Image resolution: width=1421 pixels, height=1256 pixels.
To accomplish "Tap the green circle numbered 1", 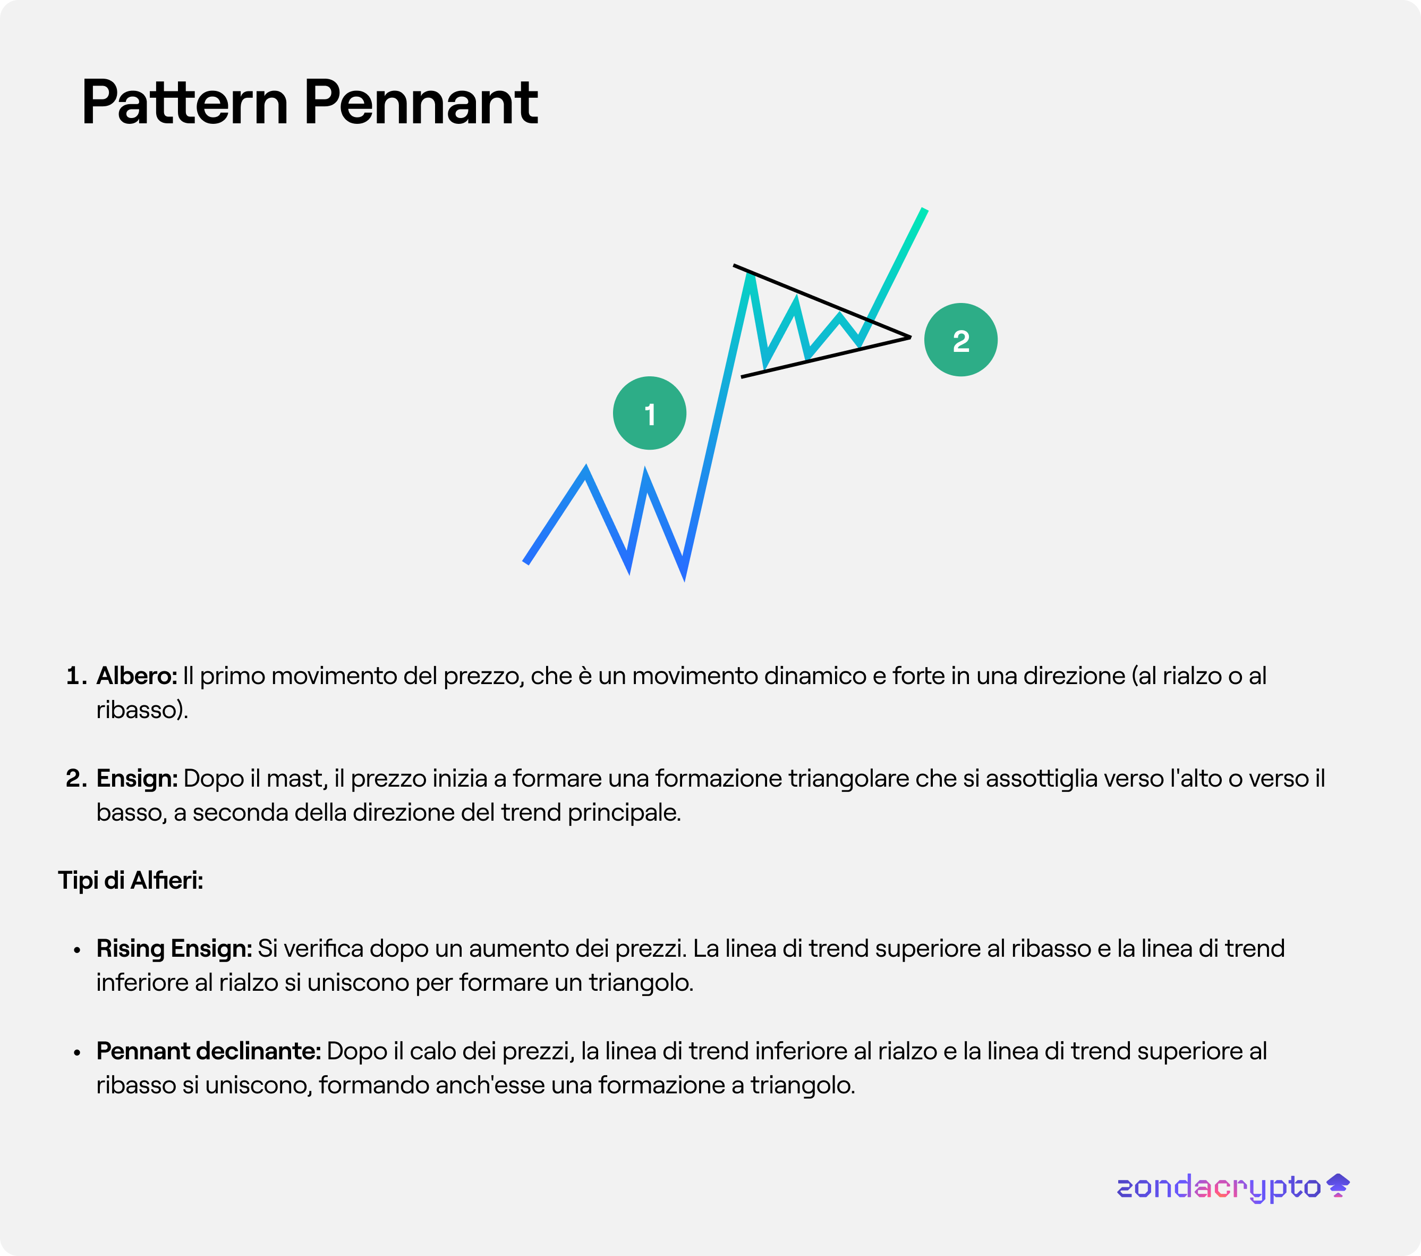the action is (x=649, y=413).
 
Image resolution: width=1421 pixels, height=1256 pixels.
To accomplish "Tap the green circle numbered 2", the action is (x=961, y=340).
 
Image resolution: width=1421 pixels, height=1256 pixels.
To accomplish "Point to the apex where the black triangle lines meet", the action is (x=910, y=338).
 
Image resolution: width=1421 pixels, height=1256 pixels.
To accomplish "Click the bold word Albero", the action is (x=137, y=675).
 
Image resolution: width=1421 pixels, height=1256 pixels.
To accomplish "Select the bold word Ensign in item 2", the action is (x=137, y=778).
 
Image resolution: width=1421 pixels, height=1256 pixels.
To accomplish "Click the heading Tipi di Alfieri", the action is (x=131, y=880).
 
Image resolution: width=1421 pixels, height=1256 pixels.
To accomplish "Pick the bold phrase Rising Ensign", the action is (x=174, y=949).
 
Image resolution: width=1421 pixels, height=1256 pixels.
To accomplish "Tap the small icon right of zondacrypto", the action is (x=1338, y=1185).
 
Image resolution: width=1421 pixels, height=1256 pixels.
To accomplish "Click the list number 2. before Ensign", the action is (x=76, y=778).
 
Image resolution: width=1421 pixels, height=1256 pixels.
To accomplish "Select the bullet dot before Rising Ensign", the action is (x=77, y=950).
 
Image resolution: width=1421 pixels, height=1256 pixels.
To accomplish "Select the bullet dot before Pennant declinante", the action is (x=77, y=1052).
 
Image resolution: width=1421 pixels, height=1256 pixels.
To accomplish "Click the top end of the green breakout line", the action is (x=925, y=209).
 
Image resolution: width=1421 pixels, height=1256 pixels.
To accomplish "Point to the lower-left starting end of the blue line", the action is (x=525, y=562).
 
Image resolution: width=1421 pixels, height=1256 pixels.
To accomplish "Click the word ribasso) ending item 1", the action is (x=142, y=710).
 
